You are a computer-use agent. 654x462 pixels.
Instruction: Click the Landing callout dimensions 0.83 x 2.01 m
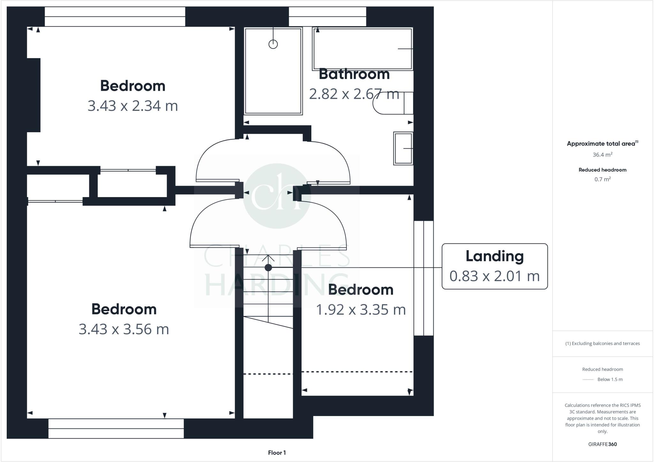(494, 276)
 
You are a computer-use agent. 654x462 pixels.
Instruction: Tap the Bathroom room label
(354, 74)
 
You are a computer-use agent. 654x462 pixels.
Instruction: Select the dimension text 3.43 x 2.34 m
(133, 106)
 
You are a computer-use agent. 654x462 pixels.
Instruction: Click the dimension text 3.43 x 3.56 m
(124, 329)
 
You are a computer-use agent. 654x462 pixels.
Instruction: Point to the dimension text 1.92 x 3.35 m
(361, 309)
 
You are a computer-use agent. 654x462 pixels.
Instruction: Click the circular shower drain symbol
(273, 44)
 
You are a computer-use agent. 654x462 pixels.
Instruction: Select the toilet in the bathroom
(393, 103)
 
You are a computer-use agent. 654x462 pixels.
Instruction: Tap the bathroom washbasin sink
(403, 148)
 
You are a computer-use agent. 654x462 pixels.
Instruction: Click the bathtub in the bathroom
(362, 49)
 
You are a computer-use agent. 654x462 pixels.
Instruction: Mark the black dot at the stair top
(268, 267)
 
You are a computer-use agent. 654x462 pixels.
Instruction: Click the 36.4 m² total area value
(602, 155)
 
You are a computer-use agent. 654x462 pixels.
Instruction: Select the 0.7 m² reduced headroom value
(602, 179)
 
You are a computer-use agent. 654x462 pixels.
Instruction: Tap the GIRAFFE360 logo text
(602, 444)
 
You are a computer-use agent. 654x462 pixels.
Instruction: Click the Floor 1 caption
(277, 453)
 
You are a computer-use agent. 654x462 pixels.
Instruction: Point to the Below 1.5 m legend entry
(610, 380)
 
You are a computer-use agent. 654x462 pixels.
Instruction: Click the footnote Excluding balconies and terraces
(602, 343)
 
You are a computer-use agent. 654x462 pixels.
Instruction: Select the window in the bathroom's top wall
(327, 17)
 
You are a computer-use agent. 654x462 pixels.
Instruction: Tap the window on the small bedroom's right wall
(423, 278)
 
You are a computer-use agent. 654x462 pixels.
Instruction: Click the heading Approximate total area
(601, 144)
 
